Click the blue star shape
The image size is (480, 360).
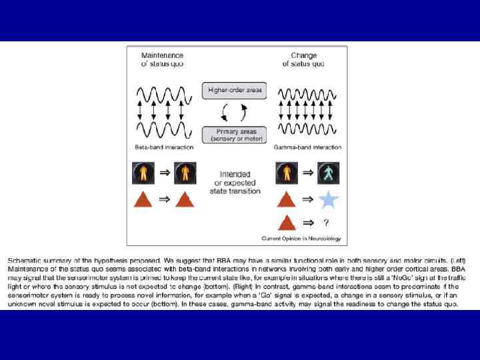[327, 199]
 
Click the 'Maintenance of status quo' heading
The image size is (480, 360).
[162, 59]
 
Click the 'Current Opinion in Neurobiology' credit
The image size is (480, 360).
[301, 238]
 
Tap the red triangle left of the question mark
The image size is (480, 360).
[286, 223]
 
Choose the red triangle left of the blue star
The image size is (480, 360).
[286, 199]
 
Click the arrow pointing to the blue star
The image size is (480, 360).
[307, 199]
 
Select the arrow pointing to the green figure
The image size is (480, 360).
[307, 173]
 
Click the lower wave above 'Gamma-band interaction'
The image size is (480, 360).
[309, 128]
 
